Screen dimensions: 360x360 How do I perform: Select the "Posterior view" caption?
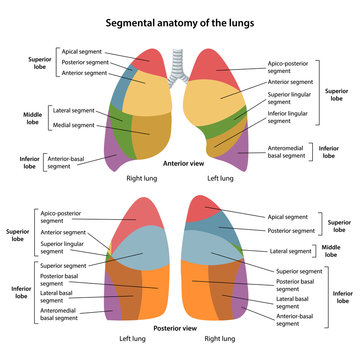click(x=180, y=326)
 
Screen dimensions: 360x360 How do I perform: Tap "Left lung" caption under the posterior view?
click(x=133, y=339)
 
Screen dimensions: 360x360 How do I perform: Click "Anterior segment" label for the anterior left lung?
click(x=290, y=82)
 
